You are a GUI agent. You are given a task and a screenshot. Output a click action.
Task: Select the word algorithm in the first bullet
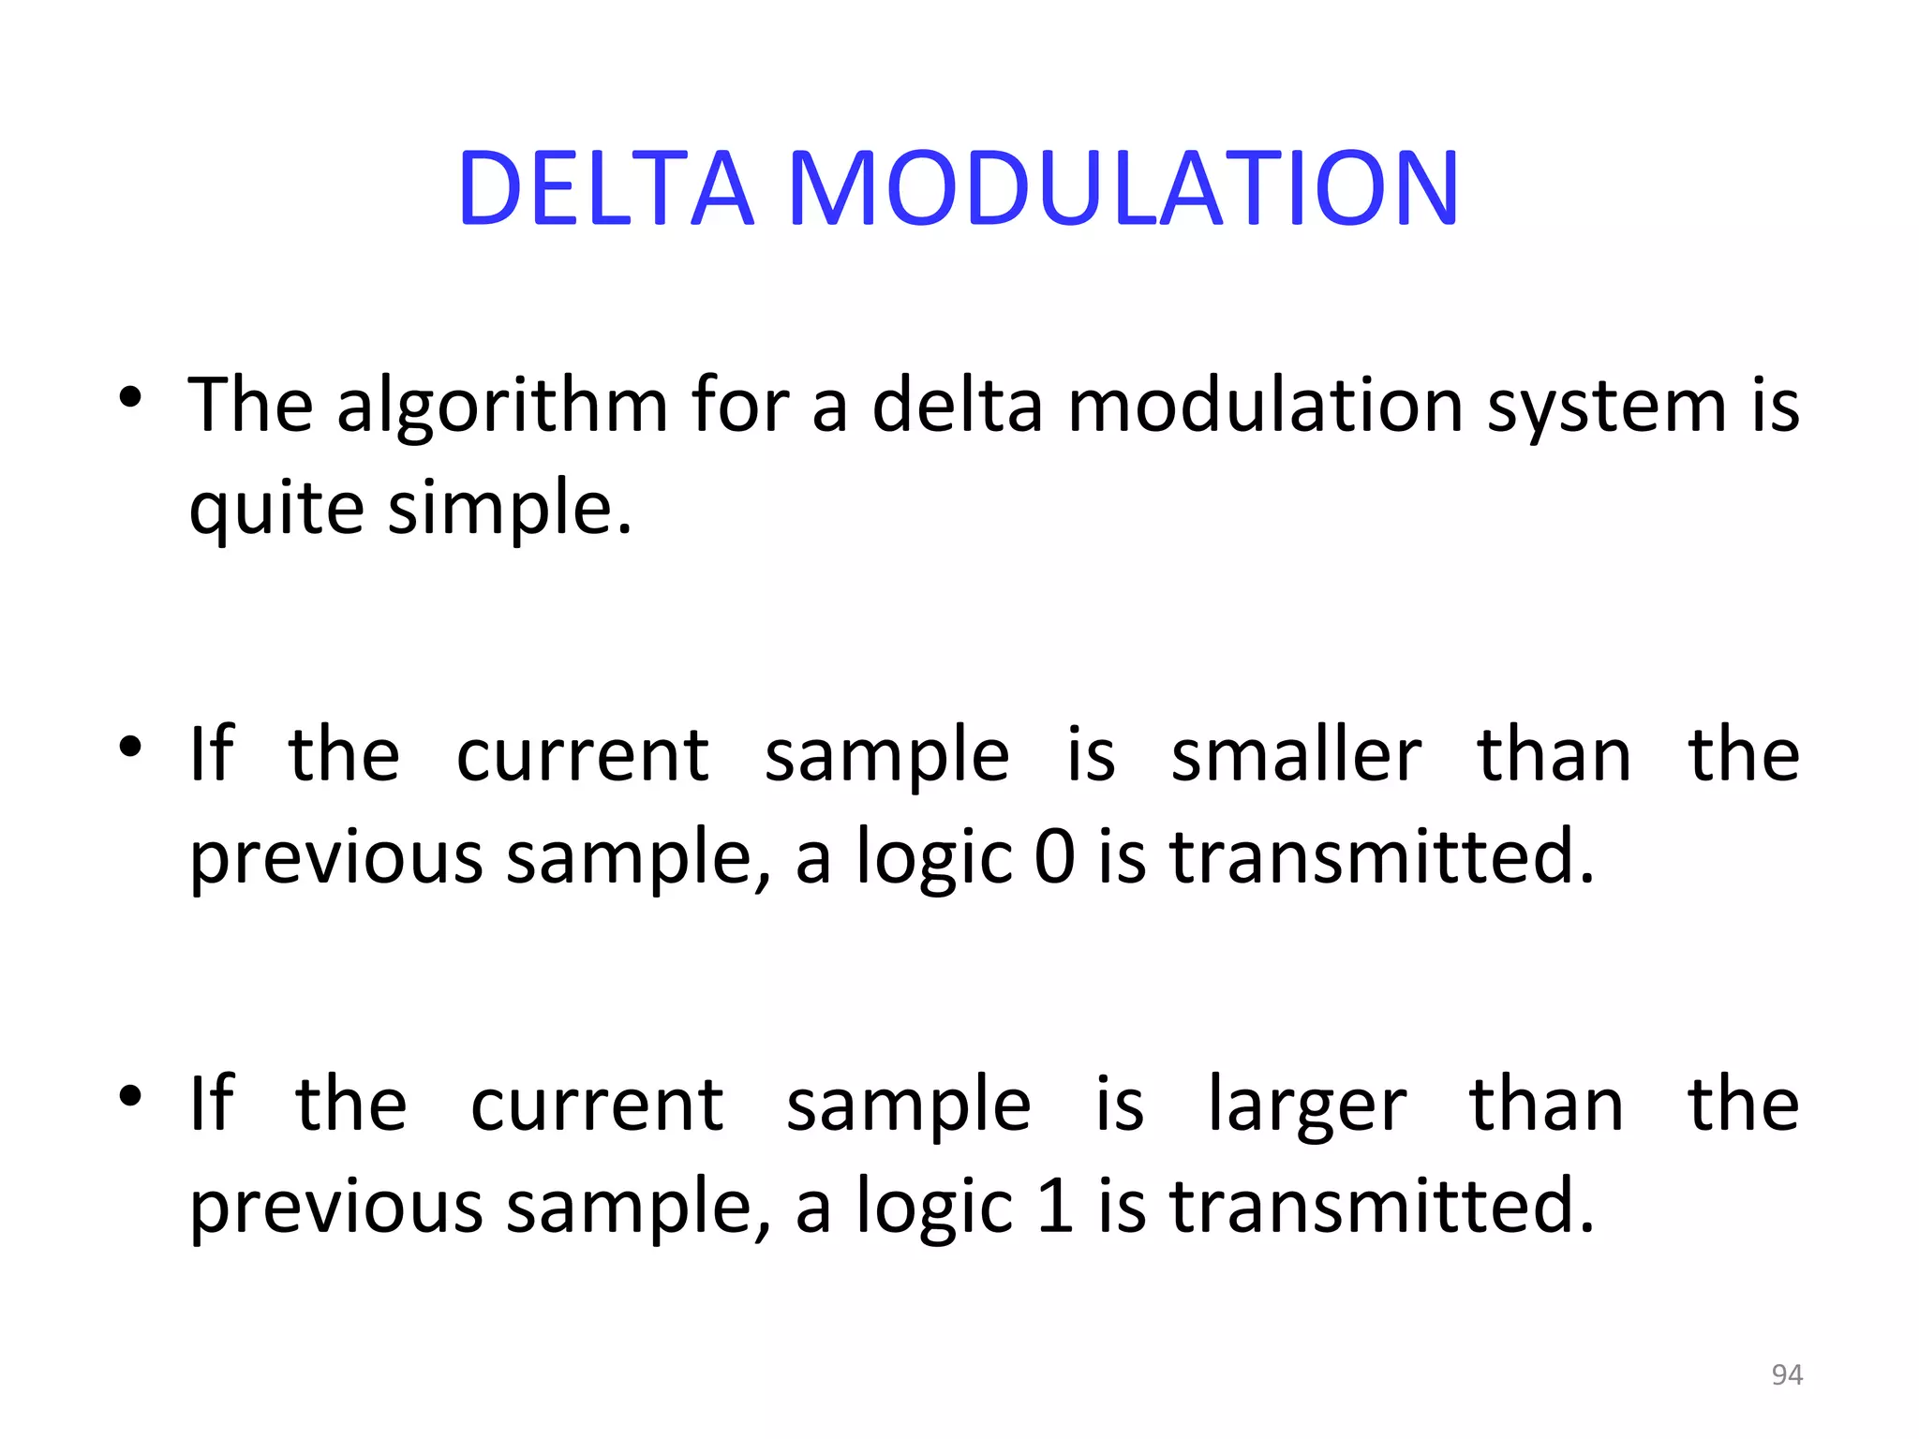pos(502,406)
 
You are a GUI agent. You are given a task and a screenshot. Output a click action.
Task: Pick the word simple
pos(510,509)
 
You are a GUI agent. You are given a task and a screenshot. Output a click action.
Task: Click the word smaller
pos(1296,755)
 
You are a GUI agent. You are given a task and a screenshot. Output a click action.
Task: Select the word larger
pos(1307,1106)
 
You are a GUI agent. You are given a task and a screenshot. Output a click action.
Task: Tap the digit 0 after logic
pos(1055,856)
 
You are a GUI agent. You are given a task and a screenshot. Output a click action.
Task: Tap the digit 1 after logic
pos(1055,1206)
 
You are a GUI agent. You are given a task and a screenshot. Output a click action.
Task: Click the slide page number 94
pos(1787,1374)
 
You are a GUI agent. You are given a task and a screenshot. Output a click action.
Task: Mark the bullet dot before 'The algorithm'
pos(130,397)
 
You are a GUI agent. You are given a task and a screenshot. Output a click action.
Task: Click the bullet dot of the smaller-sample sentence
pos(130,747)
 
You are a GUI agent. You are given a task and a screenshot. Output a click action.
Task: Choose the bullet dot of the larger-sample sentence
pos(130,1096)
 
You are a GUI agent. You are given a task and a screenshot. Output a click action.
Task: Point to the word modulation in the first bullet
pos(1265,406)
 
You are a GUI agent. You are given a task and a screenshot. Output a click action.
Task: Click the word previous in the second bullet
pos(336,858)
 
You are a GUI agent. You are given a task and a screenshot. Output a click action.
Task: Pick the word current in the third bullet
pos(597,1105)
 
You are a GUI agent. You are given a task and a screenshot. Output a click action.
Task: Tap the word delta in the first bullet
pos(957,406)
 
